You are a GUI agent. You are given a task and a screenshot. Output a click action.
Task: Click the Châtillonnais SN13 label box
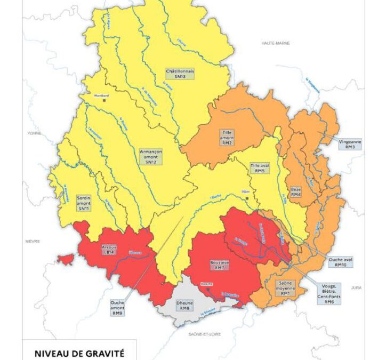(x=180, y=74)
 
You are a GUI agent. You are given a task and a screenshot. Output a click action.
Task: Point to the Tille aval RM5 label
(x=260, y=169)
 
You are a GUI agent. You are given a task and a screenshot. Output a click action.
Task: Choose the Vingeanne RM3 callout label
(x=350, y=144)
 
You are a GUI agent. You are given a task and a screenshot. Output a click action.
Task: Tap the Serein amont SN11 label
(x=83, y=202)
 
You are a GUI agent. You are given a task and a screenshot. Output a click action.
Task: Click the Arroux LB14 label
(x=108, y=250)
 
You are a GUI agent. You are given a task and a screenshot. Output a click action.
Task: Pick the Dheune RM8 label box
(x=184, y=305)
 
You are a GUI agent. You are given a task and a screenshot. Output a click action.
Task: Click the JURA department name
(x=356, y=287)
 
